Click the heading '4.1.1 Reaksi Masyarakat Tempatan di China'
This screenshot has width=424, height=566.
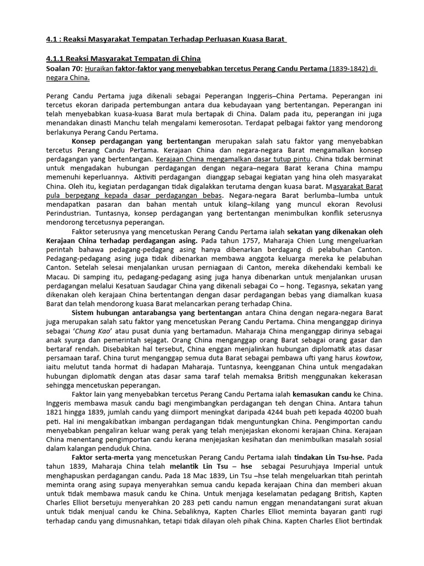(123, 59)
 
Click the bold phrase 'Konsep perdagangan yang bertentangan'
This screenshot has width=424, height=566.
(142, 141)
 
